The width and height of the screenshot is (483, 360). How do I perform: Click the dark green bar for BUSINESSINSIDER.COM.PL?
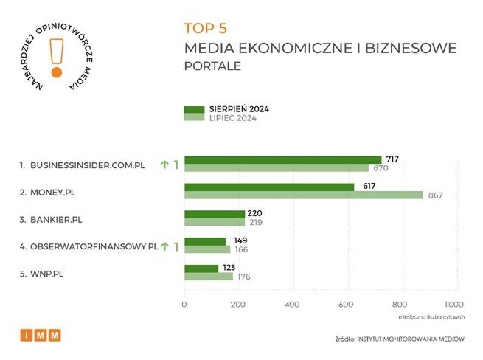pos(282,160)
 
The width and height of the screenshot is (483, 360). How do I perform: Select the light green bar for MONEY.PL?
pos(303,195)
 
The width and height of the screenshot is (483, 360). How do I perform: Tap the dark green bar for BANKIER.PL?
pos(214,214)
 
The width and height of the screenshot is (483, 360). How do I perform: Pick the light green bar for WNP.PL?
pos(208,277)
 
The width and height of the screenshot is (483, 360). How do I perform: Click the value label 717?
pos(392,159)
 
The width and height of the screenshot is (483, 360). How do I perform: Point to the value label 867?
pos(435,195)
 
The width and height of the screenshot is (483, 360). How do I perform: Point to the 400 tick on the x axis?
pos(292,304)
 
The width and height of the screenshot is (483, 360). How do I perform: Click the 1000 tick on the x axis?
pos(454,304)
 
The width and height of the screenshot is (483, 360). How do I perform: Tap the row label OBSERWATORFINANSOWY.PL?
pos(94,246)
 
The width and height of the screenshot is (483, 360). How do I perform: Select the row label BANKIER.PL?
pos(56,219)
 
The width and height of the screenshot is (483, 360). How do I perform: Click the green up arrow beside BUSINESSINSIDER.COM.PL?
pos(164,165)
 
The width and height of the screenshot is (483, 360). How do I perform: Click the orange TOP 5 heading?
pos(205,28)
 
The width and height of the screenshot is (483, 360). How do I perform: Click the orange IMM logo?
pos(41,336)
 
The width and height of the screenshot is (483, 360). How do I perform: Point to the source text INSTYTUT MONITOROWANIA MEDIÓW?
pos(411,340)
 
